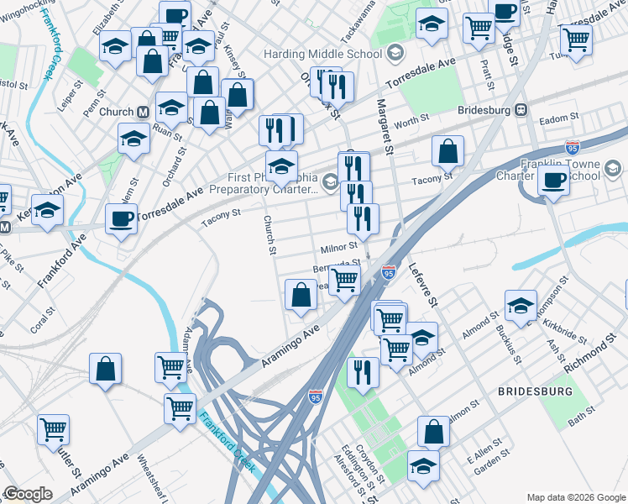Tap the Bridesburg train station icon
(521, 109)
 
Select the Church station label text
(116, 112)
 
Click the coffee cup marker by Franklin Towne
(552, 179)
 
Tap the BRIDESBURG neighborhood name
(535, 391)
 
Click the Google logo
(28, 494)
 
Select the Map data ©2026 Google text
(575, 496)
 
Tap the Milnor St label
(339, 248)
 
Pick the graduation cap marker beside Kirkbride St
(521, 306)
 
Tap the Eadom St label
(559, 118)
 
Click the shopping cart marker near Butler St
(53, 428)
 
